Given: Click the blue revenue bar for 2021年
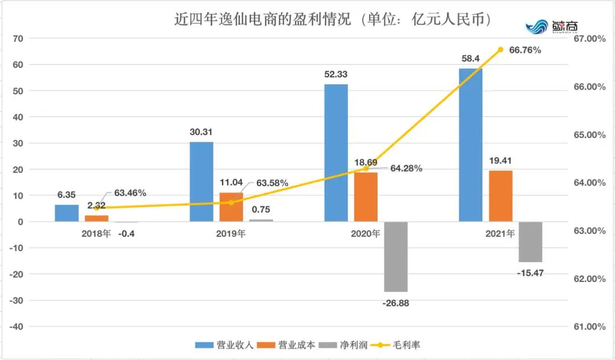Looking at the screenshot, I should pos(470,145).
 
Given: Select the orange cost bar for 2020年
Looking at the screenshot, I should pos(366,196).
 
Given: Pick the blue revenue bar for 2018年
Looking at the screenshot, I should pos(67,213).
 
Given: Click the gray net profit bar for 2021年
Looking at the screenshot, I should pos(530,242).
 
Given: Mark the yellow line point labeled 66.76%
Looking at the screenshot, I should pos(501,50).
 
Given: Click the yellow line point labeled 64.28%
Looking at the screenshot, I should pos(366,169).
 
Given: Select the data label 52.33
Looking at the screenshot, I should pos(335,74).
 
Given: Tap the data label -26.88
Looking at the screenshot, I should pos(396,303).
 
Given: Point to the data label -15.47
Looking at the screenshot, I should pos(531,273).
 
